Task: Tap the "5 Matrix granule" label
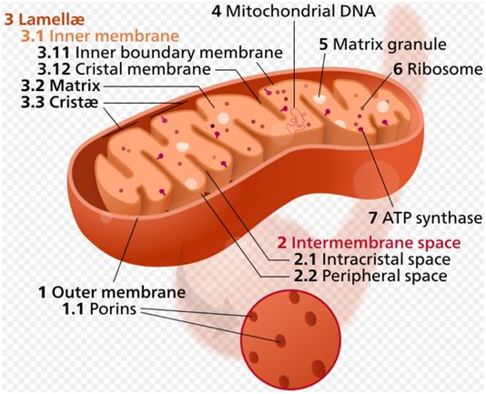[383, 45]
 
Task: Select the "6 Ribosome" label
[438, 69]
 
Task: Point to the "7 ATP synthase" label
[426, 217]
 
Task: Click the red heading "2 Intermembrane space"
[369, 243]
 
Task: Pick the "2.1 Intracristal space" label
[372, 259]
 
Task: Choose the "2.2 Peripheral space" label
[370, 276]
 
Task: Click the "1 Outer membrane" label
[112, 292]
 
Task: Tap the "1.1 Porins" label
[99, 309]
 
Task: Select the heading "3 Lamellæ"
[45, 19]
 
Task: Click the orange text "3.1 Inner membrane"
[100, 36]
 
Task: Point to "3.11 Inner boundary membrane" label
[160, 53]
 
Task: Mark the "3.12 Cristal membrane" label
[125, 69]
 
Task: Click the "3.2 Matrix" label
[61, 86]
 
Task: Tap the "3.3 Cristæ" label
[59, 102]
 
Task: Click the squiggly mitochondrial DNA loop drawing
[296, 121]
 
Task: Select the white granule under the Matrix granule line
[319, 98]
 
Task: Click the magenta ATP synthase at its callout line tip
[360, 129]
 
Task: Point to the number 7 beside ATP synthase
[373, 217]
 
